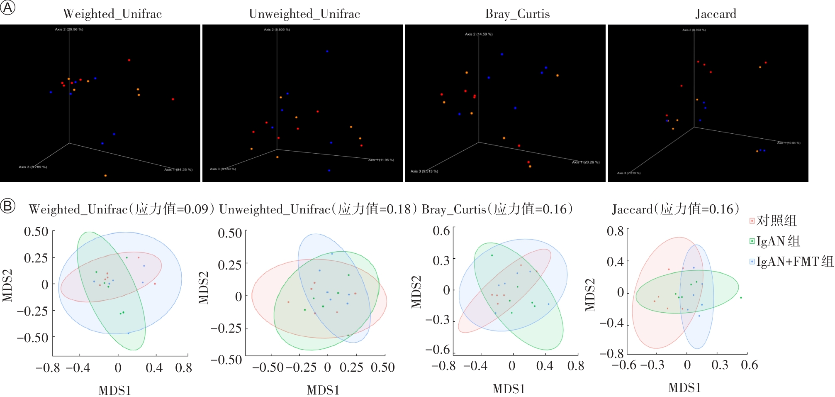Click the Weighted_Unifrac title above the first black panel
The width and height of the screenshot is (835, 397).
pos(112,14)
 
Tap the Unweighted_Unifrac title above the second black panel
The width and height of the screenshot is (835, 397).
pos(304,14)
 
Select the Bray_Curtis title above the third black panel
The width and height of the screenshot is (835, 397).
pos(517,14)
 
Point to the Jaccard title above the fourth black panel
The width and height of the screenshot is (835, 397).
pos(716,14)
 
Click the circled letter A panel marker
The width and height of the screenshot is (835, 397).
pos(7,7)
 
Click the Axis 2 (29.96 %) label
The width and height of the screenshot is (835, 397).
pos(69,29)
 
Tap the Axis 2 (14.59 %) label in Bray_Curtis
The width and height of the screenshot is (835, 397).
pos(479,34)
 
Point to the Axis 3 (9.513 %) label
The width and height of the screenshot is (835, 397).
pos(424,171)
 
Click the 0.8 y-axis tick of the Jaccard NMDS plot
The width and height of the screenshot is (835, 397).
pos(615,231)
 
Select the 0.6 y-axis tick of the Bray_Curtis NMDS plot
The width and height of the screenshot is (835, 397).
pos(441,230)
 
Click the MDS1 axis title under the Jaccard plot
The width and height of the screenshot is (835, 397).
pos(684,388)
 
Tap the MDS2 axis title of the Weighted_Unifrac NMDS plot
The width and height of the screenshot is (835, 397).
pos(7,285)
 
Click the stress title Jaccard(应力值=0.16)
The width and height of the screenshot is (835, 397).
pos(675,209)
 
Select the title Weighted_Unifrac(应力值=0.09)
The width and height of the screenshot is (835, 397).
pos(121,209)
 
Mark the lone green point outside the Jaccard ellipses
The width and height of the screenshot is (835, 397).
pos(741,297)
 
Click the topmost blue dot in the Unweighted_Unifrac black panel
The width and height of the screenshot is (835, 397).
pos(327,51)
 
